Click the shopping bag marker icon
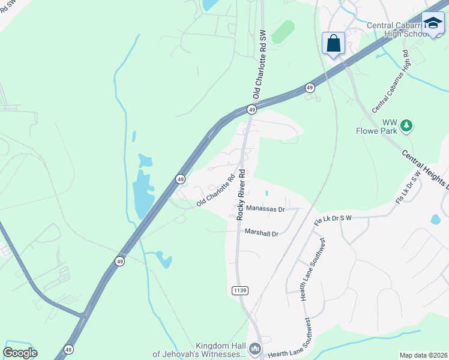(x=334, y=44)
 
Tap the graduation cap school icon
(x=433, y=23)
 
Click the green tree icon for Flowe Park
(x=407, y=125)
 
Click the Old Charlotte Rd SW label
(x=259, y=64)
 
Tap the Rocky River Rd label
(x=241, y=194)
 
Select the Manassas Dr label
(x=265, y=209)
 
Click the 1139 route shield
(x=239, y=290)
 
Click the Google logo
(x=20, y=353)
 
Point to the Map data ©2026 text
(x=423, y=355)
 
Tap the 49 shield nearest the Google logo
(x=68, y=349)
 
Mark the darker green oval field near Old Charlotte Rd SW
(x=283, y=32)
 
